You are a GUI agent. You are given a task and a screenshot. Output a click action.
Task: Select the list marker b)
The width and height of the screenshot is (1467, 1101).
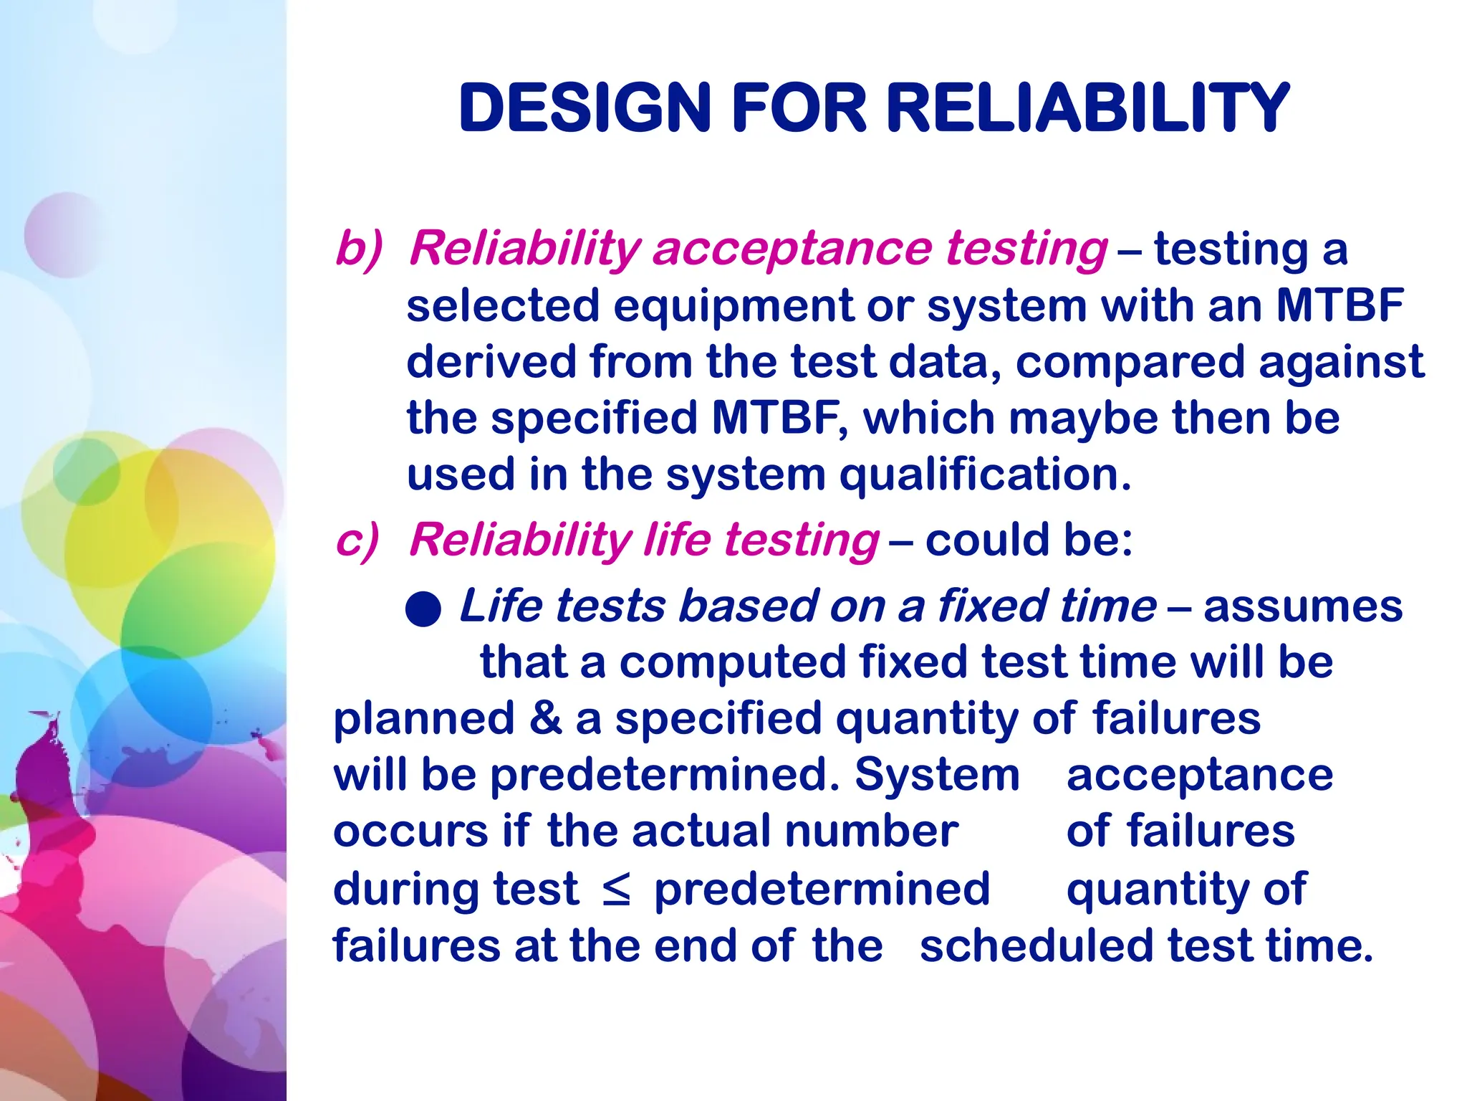pos(359,249)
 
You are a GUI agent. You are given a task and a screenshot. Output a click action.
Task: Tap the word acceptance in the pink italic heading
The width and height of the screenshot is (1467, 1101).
pos(792,249)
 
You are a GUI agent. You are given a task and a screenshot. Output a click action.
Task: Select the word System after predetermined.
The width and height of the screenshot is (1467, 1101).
pos(937,776)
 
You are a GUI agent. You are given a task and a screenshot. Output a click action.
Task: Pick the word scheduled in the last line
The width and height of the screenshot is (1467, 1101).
pos(1036,946)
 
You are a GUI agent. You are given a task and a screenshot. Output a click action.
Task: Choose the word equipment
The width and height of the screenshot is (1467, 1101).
pos(734,307)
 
